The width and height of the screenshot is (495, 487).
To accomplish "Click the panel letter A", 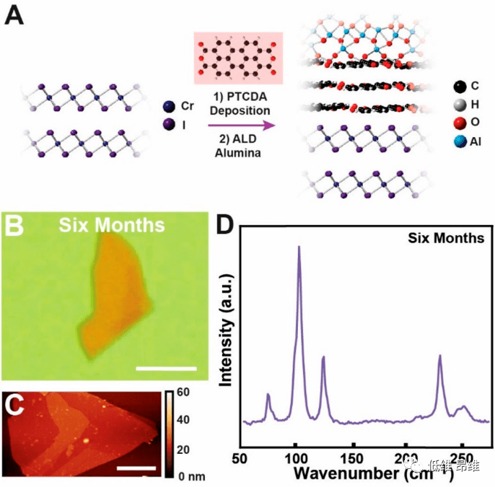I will coord(17,16).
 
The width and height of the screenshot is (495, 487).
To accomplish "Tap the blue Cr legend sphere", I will coord(169,106).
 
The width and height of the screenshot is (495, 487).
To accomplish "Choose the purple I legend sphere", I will coord(169,125).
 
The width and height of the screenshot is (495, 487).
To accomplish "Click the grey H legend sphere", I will coord(459,107).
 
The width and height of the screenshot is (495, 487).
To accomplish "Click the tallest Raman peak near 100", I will coord(299,248).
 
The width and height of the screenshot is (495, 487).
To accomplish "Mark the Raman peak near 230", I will coord(439,356).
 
